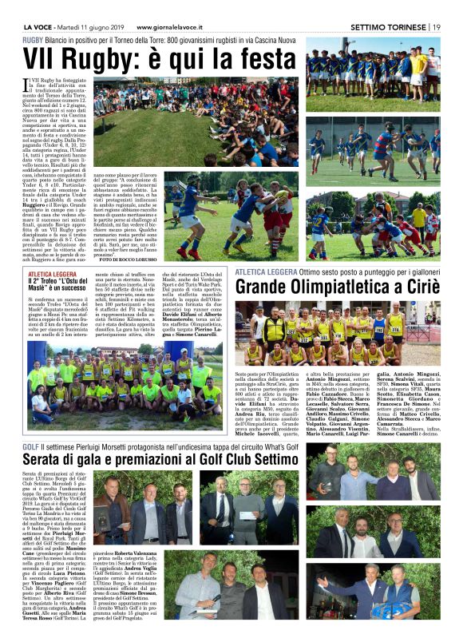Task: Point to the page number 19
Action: click(437, 27)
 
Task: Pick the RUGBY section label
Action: click(33, 39)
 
